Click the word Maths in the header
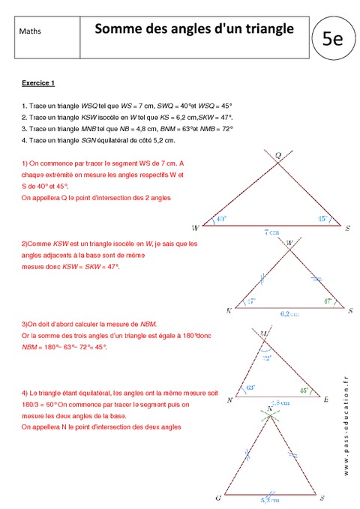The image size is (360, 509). [x=31, y=31]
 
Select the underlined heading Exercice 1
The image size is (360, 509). [x=39, y=82]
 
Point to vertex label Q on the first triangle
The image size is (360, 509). [x=277, y=155]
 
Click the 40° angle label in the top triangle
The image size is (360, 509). [x=220, y=220]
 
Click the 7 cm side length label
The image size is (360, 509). [x=270, y=232]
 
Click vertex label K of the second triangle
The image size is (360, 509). [x=228, y=310]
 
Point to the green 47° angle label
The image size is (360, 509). [x=328, y=301]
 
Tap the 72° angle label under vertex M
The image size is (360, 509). [x=266, y=358]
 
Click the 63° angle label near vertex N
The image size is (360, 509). [x=250, y=389]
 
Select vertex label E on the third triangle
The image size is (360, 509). [x=326, y=400]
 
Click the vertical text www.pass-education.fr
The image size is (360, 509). [x=347, y=424]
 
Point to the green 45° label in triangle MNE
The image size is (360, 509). [x=303, y=390]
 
